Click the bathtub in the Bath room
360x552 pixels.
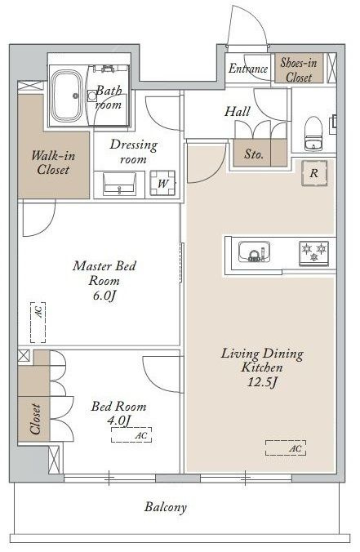[67, 96]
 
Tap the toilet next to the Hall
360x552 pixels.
[313, 134]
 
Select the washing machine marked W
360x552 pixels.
[162, 183]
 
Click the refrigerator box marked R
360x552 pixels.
[314, 173]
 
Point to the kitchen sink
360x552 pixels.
[255, 252]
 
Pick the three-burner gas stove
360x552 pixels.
[314, 252]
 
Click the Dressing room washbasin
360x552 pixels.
[120, 184]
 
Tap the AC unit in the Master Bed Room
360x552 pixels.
[38, 322]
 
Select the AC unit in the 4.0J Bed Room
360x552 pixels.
[131, 434]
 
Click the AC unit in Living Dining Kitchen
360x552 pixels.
[286, 448]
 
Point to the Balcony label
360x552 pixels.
[166, 507]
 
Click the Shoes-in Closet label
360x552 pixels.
[299, 69]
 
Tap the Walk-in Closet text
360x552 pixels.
[53, 162]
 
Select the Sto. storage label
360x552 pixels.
[254, 154]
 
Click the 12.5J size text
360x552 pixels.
[262, 382]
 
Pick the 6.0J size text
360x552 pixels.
[104, 296]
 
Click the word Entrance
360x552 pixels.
[248, 69]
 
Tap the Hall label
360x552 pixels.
[238, 112]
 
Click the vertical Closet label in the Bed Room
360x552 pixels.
[35, 419]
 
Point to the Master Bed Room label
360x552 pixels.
[104, 274]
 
